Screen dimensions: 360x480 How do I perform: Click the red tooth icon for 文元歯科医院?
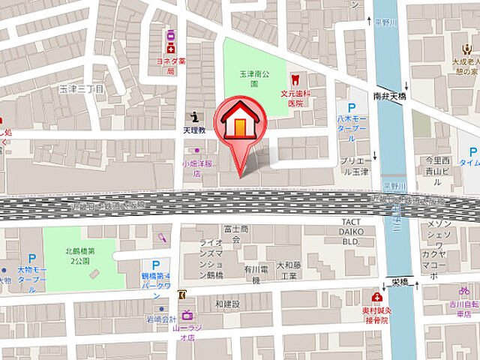295,79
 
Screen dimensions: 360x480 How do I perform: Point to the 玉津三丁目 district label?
82,89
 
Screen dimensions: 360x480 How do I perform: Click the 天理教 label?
194,130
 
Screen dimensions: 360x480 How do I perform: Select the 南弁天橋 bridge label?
389,97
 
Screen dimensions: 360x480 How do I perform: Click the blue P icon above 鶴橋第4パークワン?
155,265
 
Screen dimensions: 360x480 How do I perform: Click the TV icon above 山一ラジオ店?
186,316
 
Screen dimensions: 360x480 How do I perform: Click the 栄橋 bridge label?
399,282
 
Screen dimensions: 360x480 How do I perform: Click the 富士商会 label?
235,234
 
